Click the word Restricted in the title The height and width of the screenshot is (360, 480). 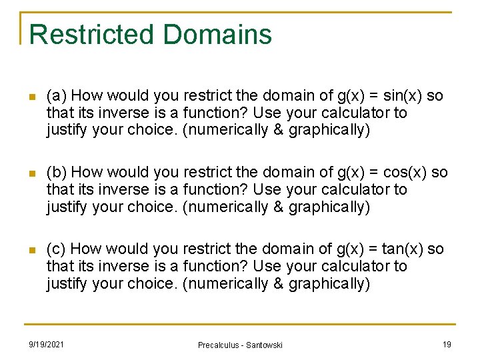point(90,34)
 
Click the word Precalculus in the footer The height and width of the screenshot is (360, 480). point(219,345)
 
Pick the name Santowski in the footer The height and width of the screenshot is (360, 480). point(264,345)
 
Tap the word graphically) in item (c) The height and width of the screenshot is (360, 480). point(329,283)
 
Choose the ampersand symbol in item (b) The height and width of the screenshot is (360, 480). point(279,207)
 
